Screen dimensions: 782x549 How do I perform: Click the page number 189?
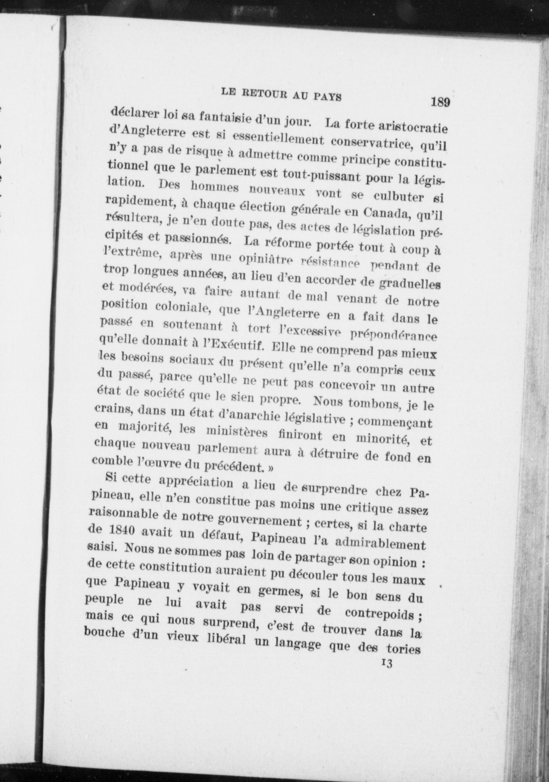click(x=440, y=102)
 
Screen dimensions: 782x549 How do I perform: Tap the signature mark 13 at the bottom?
click(x=386, y=663)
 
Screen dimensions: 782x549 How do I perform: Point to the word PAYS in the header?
click(x=328, y=97)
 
